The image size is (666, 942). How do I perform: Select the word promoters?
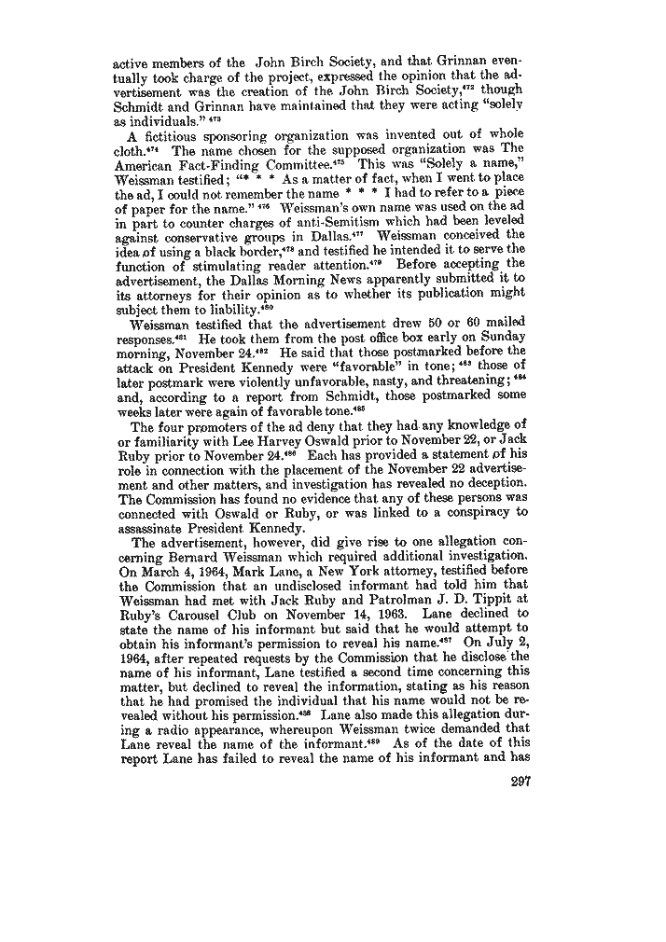pyautogui.click(x=201, y=425)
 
